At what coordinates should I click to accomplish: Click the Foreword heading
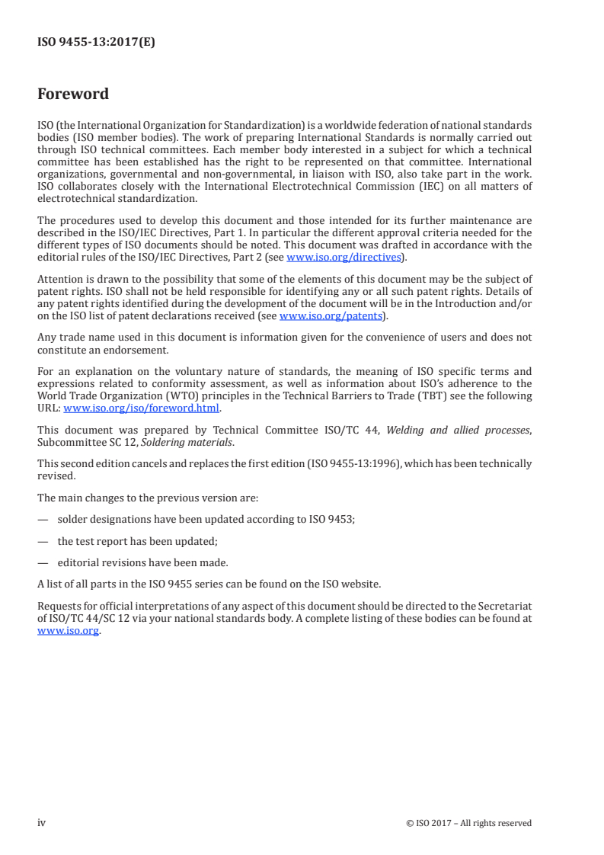pos(73,94)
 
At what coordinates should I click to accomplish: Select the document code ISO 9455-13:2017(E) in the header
pos(96,43)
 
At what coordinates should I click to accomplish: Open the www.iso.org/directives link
pos(344,258)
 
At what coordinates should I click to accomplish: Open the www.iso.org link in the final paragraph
pos(68,631)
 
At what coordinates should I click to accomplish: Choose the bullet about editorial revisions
pos(142,563)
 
